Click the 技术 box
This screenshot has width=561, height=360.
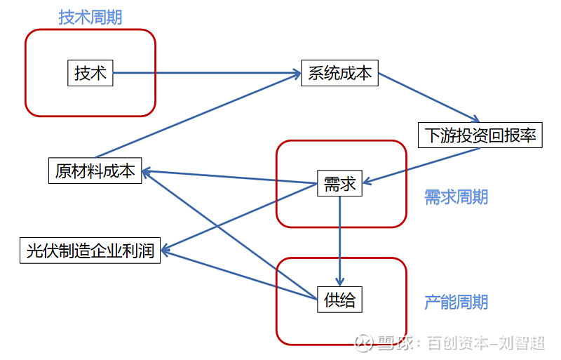pyautogui.click(x=90, y=73)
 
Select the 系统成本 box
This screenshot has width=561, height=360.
pyautogui.click(x=339, y=74)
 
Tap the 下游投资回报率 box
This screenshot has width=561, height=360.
pyautogui.click(x=480, y=135)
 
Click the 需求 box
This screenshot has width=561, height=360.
pyautogui.click(x=340, y=185)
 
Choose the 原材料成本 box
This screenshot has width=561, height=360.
pyautogui.click(x=95, y=171)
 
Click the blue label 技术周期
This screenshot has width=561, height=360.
pyautogui.click(x=90, y=18)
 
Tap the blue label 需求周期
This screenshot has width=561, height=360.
pyautogui.click(x=456, y=197)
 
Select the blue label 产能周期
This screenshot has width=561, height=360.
pyautogui.click(x=456, y=302)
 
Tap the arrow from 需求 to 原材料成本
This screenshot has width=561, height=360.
pyautogui.click(x=231, y=178)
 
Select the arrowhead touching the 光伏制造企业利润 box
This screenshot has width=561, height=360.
pyautogui.click(x=167, y=248)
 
